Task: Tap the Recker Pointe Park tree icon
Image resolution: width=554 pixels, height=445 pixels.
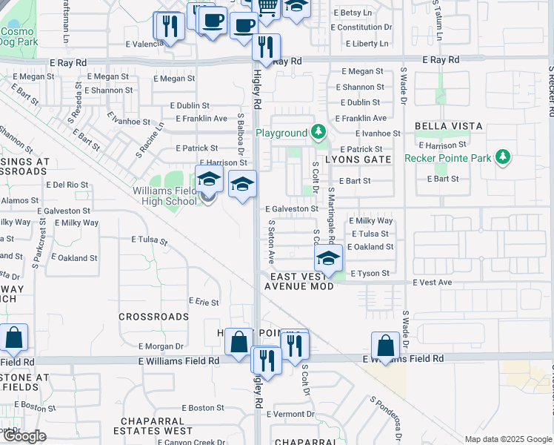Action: point(503,157)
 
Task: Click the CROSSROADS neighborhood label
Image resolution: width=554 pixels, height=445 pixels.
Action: point(154,317)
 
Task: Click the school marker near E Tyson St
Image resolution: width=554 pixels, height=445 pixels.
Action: point(327,259)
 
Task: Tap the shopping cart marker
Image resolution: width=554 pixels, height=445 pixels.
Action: point(267,7)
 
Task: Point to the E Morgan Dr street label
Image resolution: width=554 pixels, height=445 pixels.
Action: point(161,346)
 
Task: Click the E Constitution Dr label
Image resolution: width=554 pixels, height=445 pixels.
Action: point(361,27)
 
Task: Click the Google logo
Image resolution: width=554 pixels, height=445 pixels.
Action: point(24,436)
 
